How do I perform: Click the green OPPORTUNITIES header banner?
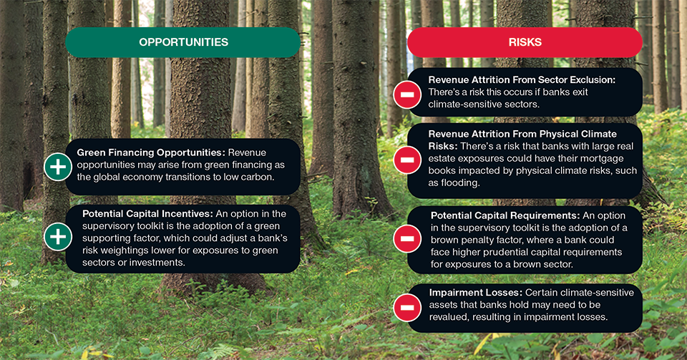pyautogui.click(x=183, y=42)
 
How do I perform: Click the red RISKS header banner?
pyautogui.click(x=525, y=42)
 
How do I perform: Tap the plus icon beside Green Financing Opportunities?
pyautogui.click(x=57, y=167)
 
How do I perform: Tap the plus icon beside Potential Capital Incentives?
pyautogui.click(x=57, y=237)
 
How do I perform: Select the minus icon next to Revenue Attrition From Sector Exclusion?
pyautogui.click(x=406, y=94)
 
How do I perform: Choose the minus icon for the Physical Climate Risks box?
pyautogui.click(x=406, y=159)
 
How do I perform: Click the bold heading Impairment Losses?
pyautogui.click(x=474, y=293)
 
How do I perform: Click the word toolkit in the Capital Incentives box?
pyautogui.click(x=163, y=226)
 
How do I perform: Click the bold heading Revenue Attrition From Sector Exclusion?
pyautogui.click(x=522, y=80)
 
